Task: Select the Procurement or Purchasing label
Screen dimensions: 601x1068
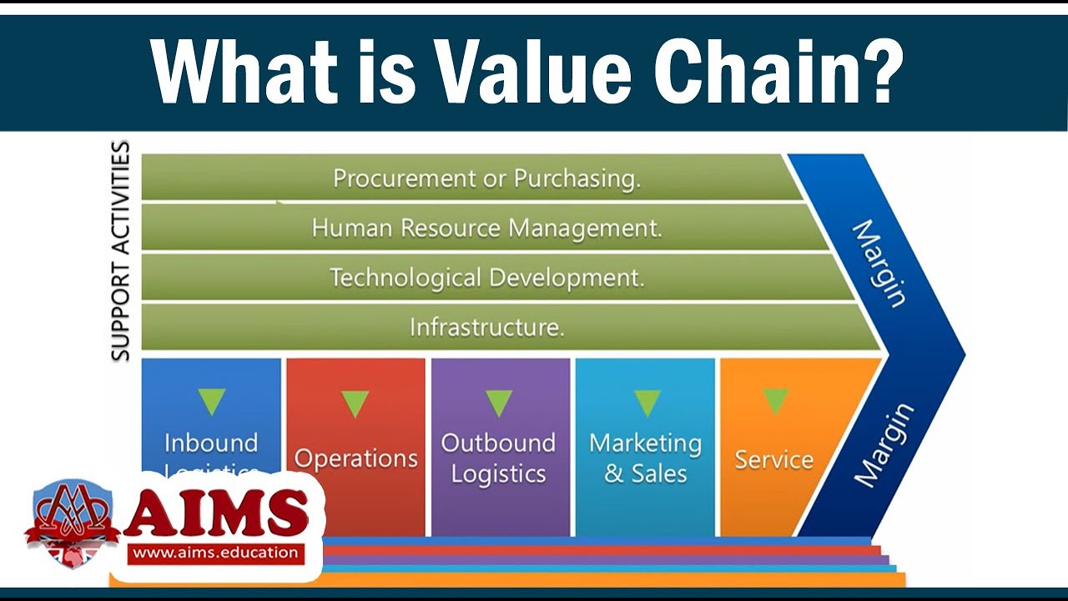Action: click(486, 178)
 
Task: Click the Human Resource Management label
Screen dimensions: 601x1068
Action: click(486, 228)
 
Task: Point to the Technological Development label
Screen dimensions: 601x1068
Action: click(486, 277)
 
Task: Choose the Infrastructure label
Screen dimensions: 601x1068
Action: click(486, 327)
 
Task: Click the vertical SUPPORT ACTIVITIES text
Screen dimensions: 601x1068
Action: click(121, 250)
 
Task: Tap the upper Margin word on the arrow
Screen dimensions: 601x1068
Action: click(879, 263)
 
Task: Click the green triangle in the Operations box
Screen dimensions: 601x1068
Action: click(355, 404)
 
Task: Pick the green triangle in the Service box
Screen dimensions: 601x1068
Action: click(775, 401)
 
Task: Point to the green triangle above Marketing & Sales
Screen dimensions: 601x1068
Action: click(647, 403)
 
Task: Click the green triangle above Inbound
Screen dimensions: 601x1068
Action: click(211, 402)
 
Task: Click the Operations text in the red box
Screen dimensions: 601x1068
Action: click(355, 458)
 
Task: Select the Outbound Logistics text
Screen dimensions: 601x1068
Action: click(498, 457)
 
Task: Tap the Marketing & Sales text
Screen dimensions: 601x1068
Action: click(645, 457)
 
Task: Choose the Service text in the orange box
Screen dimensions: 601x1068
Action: click(773, 459)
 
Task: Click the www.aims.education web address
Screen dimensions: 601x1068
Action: click(215, 552)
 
